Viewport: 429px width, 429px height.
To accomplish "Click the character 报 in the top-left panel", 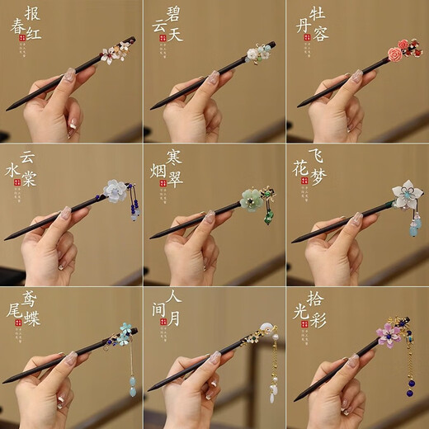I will click(x=34, y=13).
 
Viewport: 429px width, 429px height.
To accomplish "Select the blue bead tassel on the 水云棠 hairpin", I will click(x=134, y=216).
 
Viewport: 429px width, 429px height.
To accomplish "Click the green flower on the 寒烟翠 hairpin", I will click(x=251, y=200).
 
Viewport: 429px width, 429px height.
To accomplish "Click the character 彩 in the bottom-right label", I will click(x=318, y=318).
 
